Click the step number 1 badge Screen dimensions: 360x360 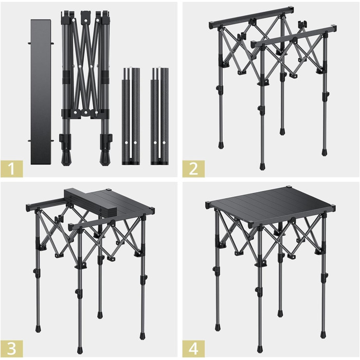(12, 169)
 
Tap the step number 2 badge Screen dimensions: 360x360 (193, 169)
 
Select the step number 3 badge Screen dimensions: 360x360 (12, 349)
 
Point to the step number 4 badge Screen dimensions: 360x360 (193, 349)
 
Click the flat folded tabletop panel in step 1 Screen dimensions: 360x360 (41, 92)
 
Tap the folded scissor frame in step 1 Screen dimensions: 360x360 (86, 87)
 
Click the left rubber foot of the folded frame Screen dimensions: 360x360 (66, 158)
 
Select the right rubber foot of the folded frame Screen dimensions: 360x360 (105, 158)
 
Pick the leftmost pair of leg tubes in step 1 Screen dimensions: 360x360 (131, 116)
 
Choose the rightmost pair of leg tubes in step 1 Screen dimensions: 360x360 (159, 116)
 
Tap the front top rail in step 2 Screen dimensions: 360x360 (294, 37)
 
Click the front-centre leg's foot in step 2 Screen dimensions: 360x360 (262, 166)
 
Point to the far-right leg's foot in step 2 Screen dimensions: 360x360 (324, 152)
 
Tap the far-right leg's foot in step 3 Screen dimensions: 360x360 (142, 336)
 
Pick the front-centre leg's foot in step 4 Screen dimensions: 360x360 (259, 349)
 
